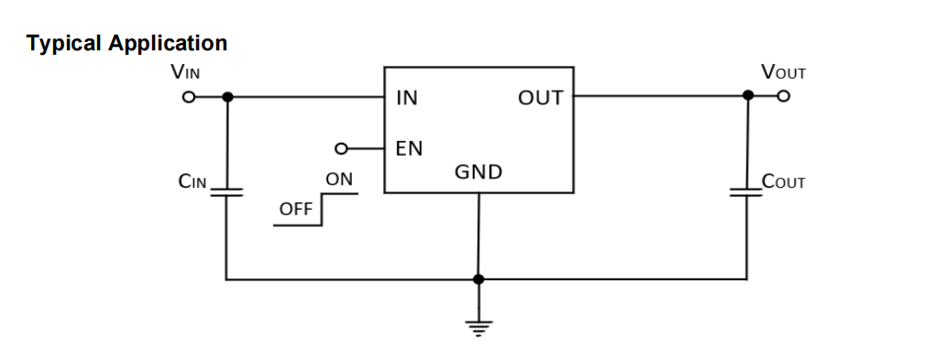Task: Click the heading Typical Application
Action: tap(127, 43)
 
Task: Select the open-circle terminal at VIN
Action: tap(188, 96)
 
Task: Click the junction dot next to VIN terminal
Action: tap(226, 96)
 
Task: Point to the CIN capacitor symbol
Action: tap(226, 191)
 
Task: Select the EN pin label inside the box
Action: tap(408, 148)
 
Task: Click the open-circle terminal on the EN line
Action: tap(341, 147)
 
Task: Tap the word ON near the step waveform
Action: tap(339, 180)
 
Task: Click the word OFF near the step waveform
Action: tap(295, 211)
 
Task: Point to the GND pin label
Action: tap(478, 171)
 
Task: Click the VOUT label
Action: tap(783, 72)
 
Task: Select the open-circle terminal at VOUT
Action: tap(783, 95)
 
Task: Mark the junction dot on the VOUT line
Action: tap(748, 95)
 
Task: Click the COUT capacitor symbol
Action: tap(747, 191)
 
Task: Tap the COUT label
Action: tap(783, 182)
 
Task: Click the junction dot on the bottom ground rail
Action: tap(478, 278)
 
